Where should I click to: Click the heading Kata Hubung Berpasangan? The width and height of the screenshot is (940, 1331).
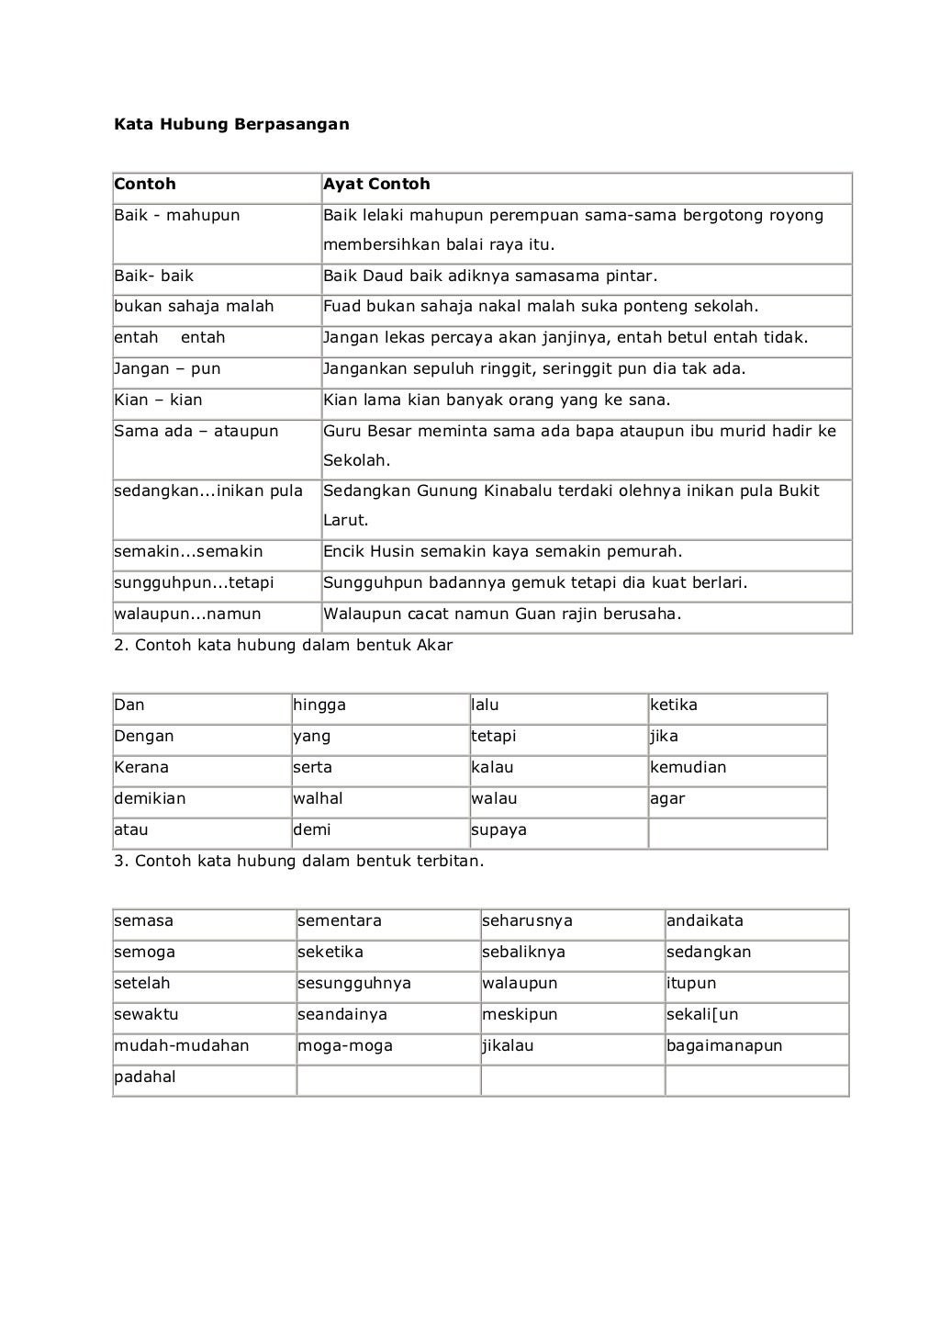[231, 123]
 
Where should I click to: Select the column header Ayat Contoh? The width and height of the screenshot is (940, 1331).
[376, 184]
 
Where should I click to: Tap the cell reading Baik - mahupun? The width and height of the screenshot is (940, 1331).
[177, 215]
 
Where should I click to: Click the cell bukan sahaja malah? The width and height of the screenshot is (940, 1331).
[194, 306]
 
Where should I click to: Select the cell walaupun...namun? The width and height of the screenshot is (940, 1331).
[187, 614]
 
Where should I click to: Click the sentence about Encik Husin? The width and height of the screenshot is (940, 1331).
[502, 551]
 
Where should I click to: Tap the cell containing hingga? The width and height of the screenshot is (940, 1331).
[319, 705]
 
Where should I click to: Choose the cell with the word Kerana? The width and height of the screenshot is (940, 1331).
[141, 767]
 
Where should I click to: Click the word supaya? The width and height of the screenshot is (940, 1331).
[498, 829]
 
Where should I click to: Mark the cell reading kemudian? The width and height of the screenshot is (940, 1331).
[688, 767]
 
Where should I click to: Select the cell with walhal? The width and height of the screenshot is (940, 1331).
[318, 798]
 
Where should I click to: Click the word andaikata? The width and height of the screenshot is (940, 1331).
[705, 920]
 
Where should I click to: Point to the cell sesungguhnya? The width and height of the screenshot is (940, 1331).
[354, 983]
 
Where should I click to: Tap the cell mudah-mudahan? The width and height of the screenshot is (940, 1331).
[182, 1045]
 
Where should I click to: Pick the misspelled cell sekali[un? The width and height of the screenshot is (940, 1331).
[702, 1014]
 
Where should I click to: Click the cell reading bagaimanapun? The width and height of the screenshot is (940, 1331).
[724, 1045]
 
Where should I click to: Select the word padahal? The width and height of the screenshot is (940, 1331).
[145, 1077]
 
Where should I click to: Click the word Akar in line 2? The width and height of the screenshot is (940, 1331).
[434, 645]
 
